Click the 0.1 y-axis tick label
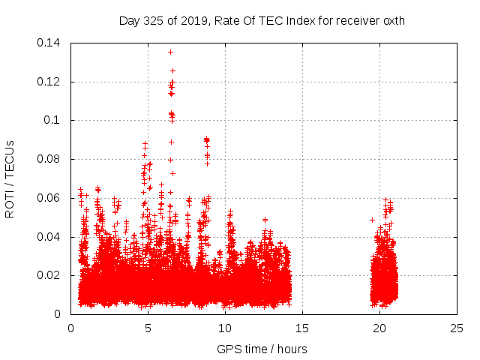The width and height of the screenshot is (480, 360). [55, 120]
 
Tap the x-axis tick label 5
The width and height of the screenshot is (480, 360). [148, 328]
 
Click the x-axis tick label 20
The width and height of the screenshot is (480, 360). [380, 328]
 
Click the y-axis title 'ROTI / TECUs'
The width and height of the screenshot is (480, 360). [10, 178]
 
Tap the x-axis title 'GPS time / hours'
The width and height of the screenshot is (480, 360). [262, 349]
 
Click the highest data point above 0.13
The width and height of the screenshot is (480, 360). [170, 52]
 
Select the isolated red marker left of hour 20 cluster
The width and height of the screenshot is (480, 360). [372, 220]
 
